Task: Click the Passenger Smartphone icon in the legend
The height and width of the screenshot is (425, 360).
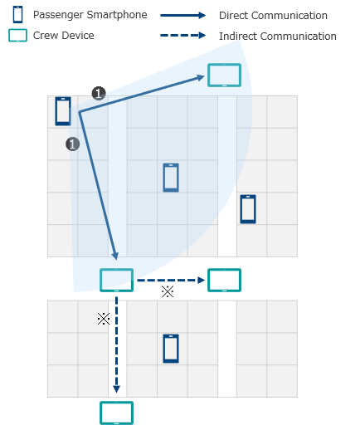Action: click(x=17, y=15)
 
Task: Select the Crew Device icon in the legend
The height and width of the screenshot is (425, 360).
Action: click(x=17, y=36)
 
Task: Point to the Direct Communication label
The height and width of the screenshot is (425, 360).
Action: click(x=273, y=16)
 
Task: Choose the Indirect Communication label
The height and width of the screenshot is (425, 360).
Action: click(x=277, y=37)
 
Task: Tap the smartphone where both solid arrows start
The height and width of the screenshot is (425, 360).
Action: click(x=63, y=110)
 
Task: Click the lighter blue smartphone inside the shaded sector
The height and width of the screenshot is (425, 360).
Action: click(x=171, y=177)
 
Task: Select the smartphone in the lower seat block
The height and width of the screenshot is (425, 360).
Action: click(x=171, y=349)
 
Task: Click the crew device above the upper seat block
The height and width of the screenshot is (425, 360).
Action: click(x=224, y=75)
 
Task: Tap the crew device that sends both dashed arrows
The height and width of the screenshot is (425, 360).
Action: click(x=116, y=281)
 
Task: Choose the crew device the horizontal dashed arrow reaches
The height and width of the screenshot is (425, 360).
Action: click(x=224, y=281)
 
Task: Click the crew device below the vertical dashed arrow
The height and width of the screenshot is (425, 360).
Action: click(x=116, y=413)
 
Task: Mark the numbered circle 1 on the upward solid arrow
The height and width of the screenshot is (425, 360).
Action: click(x=99, y=94)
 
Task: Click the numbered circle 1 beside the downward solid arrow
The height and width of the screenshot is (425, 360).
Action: click(x=72, y=144)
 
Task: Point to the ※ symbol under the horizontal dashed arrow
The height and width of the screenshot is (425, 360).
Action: click(x=168, y=292)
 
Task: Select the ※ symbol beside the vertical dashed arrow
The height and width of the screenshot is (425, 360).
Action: click(x=104, y=319)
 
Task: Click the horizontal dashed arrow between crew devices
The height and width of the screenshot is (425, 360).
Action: click(x=170, y=281)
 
